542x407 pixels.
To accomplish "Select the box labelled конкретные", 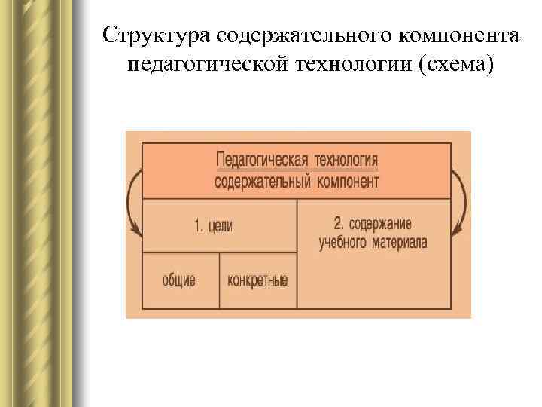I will (257, 280).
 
